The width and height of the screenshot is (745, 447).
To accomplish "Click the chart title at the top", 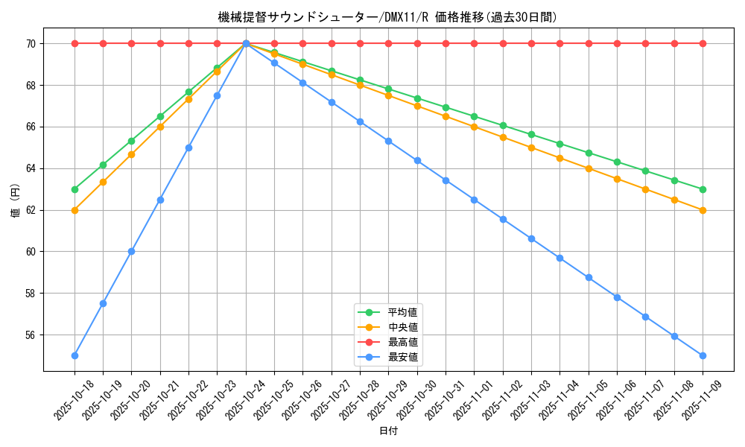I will click(387, 17).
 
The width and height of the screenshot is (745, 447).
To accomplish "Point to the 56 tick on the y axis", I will click(31, 335).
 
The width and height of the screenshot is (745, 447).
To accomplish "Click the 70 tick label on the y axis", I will click(31, 44).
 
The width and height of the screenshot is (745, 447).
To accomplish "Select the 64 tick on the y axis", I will click(31, 168).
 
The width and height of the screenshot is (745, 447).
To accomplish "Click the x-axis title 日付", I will click(388, 431).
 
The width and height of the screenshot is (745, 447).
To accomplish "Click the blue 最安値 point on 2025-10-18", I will click(74, 355).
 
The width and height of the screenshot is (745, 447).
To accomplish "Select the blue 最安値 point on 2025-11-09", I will click(703, 355).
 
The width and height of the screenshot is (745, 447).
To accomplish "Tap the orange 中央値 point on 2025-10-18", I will click(74, 210).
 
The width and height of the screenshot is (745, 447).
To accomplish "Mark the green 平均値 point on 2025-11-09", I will click(703, 189).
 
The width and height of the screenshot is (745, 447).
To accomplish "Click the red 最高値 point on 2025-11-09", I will click(703, 43).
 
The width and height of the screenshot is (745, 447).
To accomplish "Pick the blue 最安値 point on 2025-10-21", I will click(160, 200).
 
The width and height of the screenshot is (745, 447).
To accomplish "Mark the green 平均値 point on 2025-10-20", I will click(131, 141).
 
